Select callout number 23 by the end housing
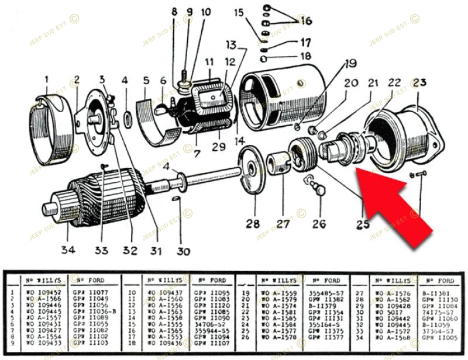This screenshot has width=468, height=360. point(420,83)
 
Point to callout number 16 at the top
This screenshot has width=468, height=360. point(306,21)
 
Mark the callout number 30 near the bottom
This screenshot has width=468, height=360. point(184,252)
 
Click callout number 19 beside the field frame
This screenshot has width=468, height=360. point(350,63)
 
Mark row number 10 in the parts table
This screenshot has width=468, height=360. point(134,292)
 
